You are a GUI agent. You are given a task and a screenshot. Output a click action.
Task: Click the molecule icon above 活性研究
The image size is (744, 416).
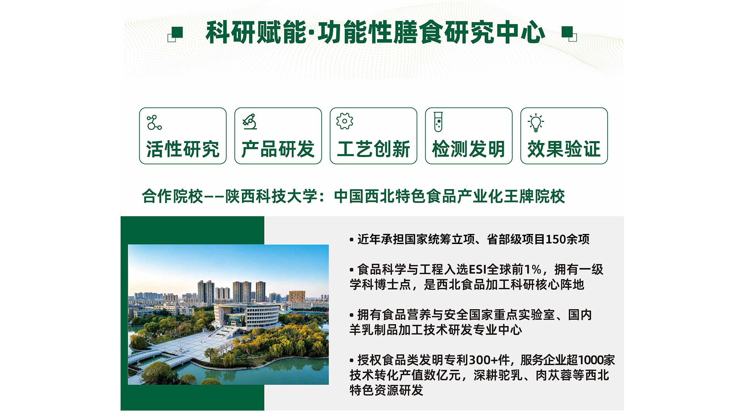(154, 122)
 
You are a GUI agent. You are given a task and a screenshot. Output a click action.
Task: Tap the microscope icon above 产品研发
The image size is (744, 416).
(250, 122)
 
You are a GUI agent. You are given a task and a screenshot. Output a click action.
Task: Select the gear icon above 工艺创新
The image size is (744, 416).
(344, 121)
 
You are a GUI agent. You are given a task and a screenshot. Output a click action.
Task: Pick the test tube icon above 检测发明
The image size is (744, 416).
(438, 122)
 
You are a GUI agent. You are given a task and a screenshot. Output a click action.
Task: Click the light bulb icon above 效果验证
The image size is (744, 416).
(536, 123)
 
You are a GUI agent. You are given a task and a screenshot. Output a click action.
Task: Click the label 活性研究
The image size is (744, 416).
(183, 149)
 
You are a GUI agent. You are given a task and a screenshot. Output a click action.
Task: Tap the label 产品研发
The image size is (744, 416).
(278, 149)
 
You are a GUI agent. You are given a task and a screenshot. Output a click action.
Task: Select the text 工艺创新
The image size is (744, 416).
(374, 149)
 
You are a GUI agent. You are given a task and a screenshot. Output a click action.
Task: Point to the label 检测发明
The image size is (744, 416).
(468, 149)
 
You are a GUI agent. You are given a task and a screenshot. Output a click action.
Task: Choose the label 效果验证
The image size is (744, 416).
(564, 149)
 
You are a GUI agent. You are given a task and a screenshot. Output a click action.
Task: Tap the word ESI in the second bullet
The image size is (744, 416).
(477, 269)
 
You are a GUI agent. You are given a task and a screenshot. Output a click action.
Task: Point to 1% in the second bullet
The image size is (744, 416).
(533, 269)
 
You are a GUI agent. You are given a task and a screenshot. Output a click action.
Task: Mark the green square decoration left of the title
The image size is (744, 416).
(176, 34)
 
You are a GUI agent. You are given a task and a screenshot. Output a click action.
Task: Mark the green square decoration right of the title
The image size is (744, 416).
(569, 34)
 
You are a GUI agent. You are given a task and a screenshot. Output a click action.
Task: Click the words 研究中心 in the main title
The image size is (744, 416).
(495, 33)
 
